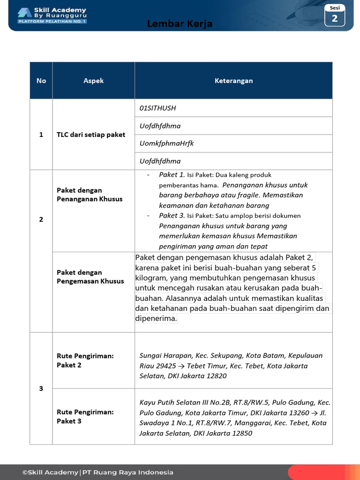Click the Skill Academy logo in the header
coord(52,15)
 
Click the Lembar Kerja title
coord(180,24)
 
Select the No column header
coord(41,81)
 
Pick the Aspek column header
coord(93,81)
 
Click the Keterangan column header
coord(233,81)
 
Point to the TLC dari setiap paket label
coord(91,135)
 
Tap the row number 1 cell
coord(41,135)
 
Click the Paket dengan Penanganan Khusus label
coord(90,195)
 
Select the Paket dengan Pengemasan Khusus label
coord(90,277)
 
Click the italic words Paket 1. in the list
coord(172,175)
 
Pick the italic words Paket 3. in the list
coord(172,216)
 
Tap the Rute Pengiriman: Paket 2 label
coord(85,360)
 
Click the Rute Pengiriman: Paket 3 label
coord(85,416)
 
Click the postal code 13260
coord(299,412)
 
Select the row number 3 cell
coord(41,389)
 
